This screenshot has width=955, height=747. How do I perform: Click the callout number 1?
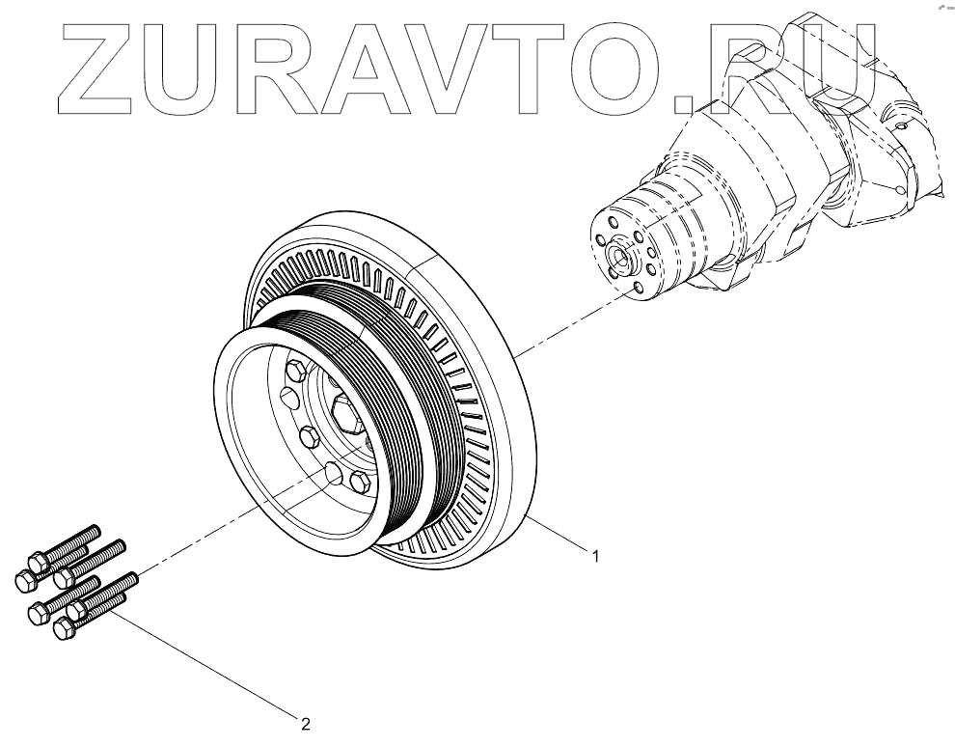(x=595, y=557)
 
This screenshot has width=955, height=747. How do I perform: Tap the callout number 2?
(x=305, y=721)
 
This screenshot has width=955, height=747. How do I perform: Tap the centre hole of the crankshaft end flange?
(x=617, y=258)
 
